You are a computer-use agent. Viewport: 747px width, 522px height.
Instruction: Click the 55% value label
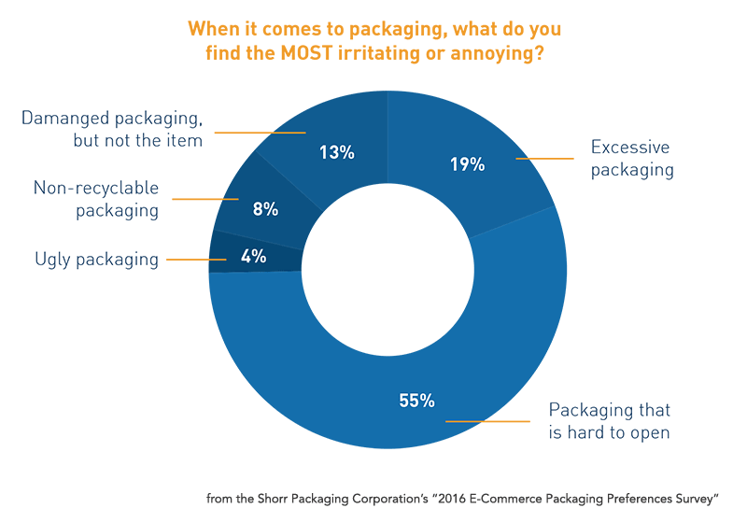pos(417,401)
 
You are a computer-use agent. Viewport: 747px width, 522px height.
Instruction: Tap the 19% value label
pos(466,164)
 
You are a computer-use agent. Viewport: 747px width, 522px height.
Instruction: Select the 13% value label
pos(336,151)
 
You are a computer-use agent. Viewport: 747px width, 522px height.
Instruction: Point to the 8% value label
pos(265,209)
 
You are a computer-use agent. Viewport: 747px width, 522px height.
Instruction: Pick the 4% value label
pos(254,257)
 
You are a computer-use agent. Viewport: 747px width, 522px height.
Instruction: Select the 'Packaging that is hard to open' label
pos(609,421)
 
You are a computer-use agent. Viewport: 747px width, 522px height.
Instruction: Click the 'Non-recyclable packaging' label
pos(96,199)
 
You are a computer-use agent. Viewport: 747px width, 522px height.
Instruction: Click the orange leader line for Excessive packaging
pos(544,159)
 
